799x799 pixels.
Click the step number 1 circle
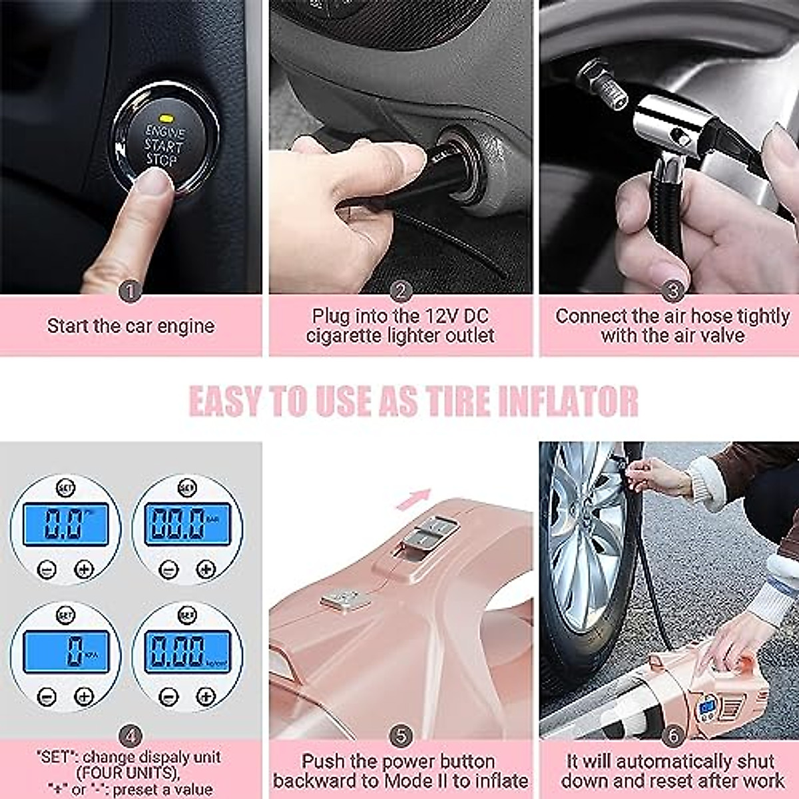[x=130, y=291]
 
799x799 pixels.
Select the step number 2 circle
[x=400, y=291]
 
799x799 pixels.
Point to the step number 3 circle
[x=673, y=291]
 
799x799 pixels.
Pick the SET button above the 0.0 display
[x=65, y=487]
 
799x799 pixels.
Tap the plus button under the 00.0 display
[x=206, y=569]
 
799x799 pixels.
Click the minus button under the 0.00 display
[x=169, y=696]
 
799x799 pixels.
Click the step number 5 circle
[x=400, y=736]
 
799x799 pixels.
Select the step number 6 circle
[x=673, y=736]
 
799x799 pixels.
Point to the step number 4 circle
[x=130, y=736]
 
